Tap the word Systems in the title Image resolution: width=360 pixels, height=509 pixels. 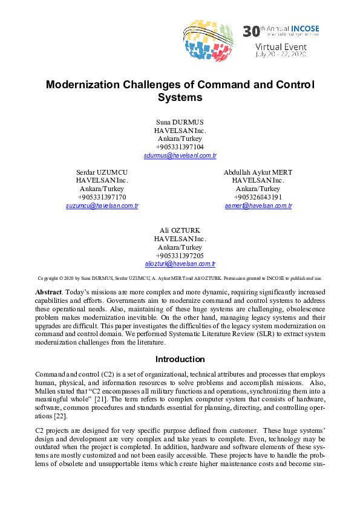(180, 97)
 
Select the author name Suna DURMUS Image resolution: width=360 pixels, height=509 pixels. (180, 122)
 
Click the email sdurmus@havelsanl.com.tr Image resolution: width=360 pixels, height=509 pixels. (180, 156)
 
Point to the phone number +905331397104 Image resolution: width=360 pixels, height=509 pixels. (180, 147)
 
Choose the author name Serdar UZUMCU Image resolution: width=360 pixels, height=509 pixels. (102, 172)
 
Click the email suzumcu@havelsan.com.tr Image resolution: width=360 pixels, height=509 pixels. (102, 206)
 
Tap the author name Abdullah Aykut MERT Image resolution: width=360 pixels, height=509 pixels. (258, 172)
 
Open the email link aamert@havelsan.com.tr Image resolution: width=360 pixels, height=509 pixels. (258, 206)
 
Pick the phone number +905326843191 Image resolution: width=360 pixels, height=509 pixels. (258, 197)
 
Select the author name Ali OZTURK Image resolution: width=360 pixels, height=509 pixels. (180, 230)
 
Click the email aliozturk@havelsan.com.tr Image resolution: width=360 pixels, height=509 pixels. (180, 264)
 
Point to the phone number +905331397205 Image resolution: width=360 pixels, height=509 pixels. (180, 256)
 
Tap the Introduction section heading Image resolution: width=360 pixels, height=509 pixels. (180, 359)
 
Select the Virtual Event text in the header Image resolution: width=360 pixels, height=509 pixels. (281, 47)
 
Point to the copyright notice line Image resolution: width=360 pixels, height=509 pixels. (180, 279)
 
